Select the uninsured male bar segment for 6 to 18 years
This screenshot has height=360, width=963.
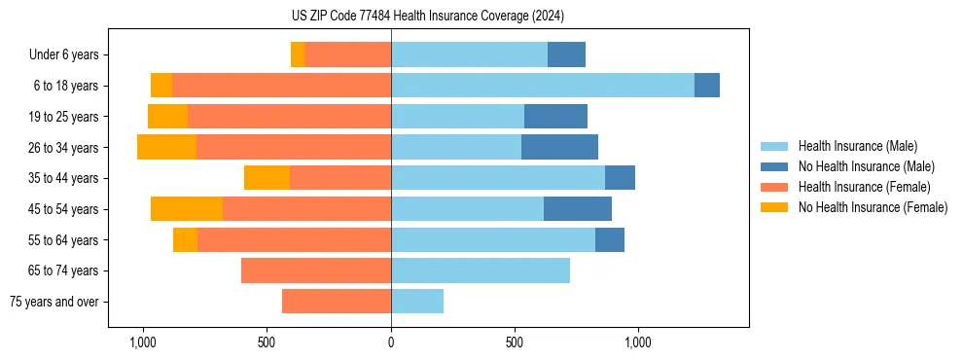[x=706, y=86]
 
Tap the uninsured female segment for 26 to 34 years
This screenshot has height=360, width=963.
[x=166, y=147]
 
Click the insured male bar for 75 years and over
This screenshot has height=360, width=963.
[x=417, y=302]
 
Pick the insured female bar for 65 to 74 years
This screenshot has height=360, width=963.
[x=316, y=270]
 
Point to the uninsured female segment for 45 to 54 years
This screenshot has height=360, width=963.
[x=187, y=209]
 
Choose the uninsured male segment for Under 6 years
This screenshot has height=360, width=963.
[x=566, y=54]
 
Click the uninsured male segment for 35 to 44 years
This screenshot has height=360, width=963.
[x=620, y=178]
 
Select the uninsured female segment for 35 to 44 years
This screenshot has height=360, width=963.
[x=267, y=178]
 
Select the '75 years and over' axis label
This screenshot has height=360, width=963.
[x=53, y=302]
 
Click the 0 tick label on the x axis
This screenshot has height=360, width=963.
[x=391, y=342]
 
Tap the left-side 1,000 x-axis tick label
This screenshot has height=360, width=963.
[x=143, y=342]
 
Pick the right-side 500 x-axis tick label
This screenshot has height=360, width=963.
[x=515, y=342]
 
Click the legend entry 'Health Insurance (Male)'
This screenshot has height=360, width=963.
[x=857, y=146]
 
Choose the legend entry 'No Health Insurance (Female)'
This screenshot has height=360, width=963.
[x=873, y=207]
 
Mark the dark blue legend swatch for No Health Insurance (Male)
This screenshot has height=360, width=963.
[x=774, y=166]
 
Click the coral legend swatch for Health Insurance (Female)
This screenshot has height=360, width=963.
[x=774, y=187]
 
